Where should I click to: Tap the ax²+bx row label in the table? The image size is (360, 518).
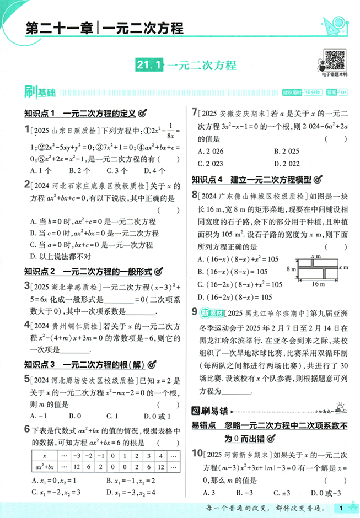click(x=44, y=467)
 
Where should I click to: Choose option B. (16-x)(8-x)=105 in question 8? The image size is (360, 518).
click(x=232, y=272)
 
